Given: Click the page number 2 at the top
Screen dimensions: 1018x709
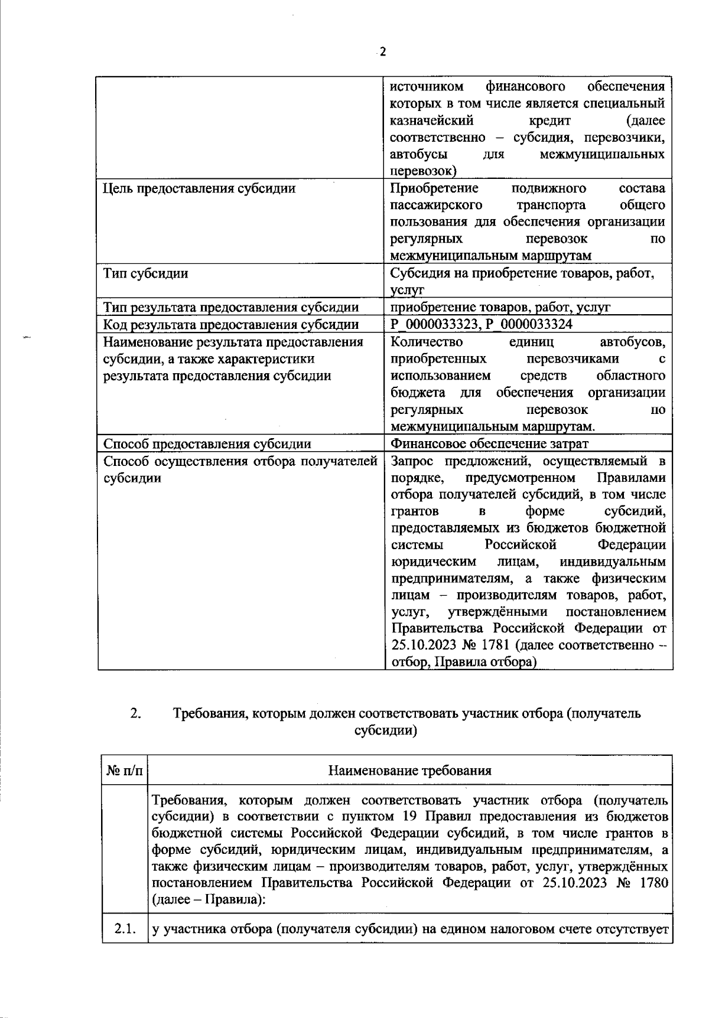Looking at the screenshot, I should (382, 51).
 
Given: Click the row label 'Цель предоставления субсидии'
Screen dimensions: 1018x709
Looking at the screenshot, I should (199, 188).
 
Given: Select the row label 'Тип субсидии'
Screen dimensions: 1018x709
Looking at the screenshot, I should (146, 273).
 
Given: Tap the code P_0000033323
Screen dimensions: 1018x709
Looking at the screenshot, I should (435, 324).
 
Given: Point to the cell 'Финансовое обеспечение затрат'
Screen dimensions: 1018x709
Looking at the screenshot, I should (489, 443).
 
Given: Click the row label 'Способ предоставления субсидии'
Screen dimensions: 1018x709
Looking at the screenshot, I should (207, 443).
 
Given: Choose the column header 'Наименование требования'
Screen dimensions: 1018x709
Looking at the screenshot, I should (409, 771).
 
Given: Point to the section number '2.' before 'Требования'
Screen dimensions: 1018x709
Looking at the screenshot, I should (135, 713).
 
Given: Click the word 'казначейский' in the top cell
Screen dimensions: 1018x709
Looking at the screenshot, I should (432, 120).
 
